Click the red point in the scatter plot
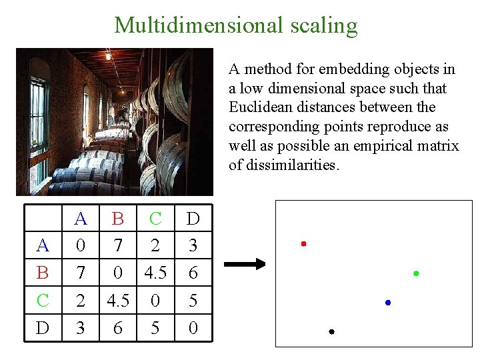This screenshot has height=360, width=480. click(303, 244)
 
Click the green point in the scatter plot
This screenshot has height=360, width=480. click(416, 273)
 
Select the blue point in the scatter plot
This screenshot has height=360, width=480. click(388, 303)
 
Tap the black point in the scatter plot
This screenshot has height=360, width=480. click(331, 331)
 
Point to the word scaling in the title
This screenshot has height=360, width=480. click(324, 26)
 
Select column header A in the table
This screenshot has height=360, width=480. click(81, 219)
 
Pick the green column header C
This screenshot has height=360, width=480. click(155, 219)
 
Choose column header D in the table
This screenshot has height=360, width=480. click(193, 219)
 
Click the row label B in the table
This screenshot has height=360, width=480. click(43, 273)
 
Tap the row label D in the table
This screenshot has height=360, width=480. click(43, 328)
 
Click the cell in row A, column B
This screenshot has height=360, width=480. click(118, 246)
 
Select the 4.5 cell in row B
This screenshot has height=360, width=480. click(155, 273)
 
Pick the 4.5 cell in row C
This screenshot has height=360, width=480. click(118, 301)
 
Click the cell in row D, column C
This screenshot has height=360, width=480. click(155, 328)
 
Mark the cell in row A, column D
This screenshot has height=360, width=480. click(193, 246)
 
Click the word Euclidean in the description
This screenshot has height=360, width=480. click(258, 107)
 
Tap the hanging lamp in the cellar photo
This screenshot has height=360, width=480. click(108, 57)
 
